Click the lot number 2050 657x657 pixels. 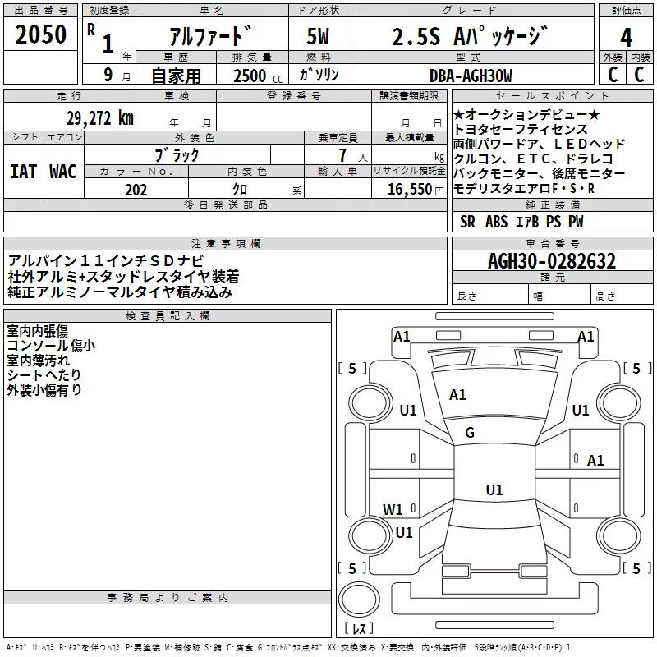41,34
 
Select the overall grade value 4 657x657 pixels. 626,37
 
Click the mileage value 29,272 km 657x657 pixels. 99,118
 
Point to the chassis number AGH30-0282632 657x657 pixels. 551,262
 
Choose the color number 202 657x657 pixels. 136,190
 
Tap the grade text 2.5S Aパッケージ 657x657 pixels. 469,37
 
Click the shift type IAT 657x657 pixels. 23,172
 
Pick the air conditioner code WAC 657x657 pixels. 62,172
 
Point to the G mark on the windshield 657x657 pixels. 470,433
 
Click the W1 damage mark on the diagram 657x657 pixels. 393,509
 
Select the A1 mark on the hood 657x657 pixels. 457,395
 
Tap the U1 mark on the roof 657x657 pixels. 494,490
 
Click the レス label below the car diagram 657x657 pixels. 359,628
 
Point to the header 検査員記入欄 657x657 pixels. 168,316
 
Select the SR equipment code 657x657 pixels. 467,222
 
